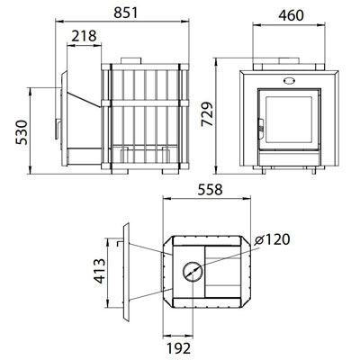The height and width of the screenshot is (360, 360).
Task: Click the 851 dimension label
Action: click(x=126, y=13)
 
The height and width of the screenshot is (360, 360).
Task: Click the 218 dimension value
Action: click(x=84, y=36)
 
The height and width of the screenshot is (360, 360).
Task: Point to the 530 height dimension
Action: click(x=22, y=132)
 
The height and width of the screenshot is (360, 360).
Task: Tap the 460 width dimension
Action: click(x=291, y=15)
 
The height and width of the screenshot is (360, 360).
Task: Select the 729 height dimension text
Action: click(x=207, y=114)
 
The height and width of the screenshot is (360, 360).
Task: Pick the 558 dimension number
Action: click(x=210, y=190)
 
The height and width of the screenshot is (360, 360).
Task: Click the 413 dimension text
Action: click(x=100, y=271)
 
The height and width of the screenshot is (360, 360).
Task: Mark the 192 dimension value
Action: click(x=178, y=348)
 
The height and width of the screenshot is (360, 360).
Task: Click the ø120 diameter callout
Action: click(x=272, y=239)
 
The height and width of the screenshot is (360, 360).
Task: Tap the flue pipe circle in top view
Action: click(x=193, y=271)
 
